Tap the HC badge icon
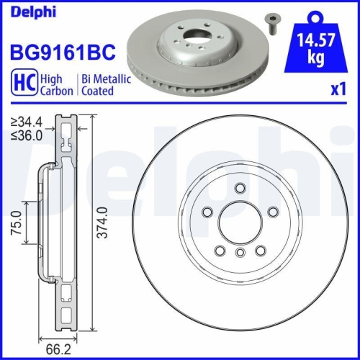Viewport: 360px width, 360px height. pos(22,85)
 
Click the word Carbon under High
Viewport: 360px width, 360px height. pos(56,91)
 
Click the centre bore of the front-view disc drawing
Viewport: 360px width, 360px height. pos(238,223)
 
